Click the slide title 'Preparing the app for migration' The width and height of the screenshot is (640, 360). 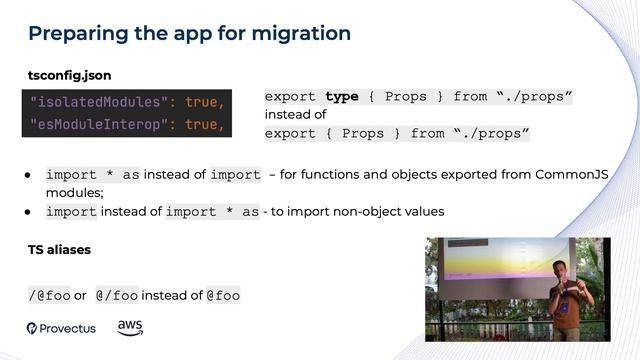pos(189,33)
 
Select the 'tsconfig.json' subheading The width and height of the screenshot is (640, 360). pos(69,75)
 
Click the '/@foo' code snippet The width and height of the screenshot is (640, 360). pos(49,295)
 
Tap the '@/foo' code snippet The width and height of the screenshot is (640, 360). pos(116,295)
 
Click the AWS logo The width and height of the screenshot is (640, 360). pos(130,327)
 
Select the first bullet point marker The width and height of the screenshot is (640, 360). pos(30,175)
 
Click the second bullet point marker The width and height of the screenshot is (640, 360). pos(30,211)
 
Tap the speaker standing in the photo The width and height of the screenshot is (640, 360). pos(569,296)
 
